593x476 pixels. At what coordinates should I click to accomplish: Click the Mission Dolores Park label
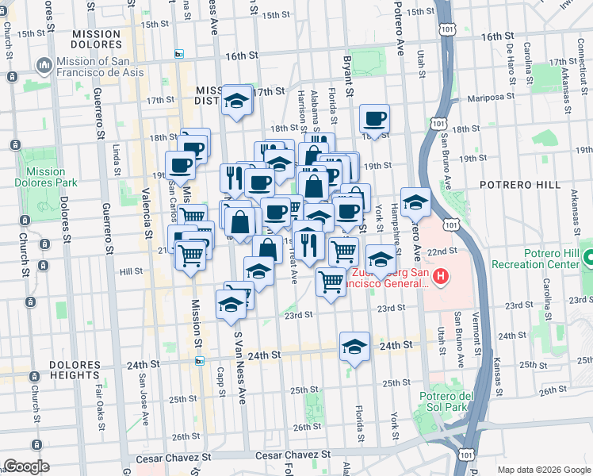45,177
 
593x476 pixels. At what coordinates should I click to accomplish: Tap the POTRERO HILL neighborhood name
519,184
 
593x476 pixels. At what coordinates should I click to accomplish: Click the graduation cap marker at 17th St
236,100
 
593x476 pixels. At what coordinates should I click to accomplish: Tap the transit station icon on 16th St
179,55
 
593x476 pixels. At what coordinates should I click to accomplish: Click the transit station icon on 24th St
200,361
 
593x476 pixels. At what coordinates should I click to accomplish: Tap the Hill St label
130,271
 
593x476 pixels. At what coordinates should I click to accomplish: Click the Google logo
26,466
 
